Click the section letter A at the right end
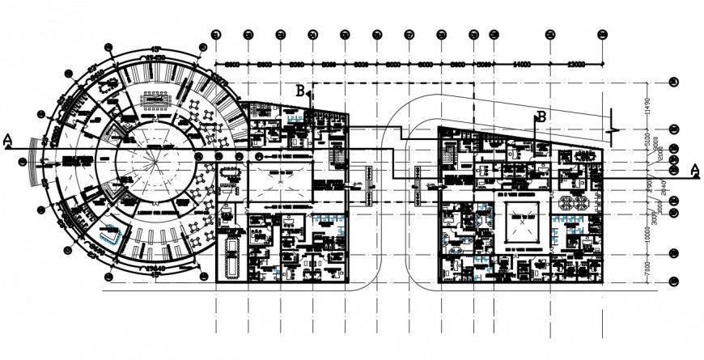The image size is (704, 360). pos(694,169)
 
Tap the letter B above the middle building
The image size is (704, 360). pos(301,92)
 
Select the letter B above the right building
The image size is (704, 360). pos(541,116)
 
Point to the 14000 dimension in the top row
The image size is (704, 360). pos(520,62)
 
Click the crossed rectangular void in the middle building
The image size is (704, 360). pos(281,183)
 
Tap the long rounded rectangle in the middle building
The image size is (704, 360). pos(232,254)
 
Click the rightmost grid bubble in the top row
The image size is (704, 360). pos(601,35)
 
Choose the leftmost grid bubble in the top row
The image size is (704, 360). pos(216,35)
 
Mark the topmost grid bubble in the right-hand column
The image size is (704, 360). pos(673,83)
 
